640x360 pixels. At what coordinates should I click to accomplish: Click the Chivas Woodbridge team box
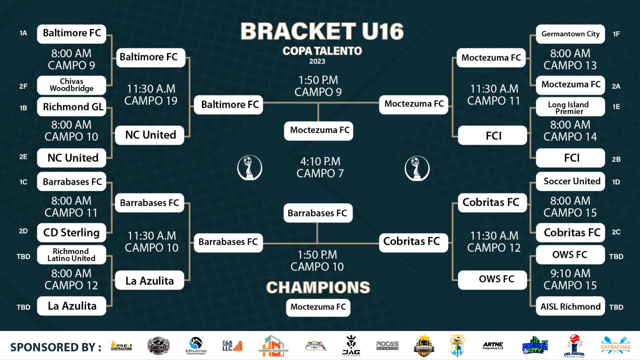pos(72,85)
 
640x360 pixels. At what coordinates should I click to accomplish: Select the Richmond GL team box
pos(72,107)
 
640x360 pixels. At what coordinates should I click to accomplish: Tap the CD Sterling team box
pos(72,232)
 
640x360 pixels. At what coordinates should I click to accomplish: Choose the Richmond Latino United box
pos(72,255)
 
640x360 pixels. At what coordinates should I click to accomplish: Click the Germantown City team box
pos(570,34)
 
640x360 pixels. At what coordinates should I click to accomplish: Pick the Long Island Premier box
pos(570,107)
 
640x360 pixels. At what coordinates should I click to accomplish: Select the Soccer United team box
pos(570,181)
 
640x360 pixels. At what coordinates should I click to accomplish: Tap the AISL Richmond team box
pos(570,307)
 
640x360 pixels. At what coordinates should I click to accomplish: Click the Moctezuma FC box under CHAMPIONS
pos(318,307)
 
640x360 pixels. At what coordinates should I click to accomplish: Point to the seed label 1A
pos(23,33)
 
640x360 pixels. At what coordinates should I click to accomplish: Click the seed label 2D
pos(23,231)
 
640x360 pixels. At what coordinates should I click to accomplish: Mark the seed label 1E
pos(616,107)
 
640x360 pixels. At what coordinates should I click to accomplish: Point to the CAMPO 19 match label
pos(151,101)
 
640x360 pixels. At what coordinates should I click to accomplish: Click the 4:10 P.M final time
pos(320,161)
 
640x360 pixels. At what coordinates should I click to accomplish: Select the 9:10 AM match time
pos(570,273)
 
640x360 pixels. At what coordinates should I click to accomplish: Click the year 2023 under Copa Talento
pos(317,61)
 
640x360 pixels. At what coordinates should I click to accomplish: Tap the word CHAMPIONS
pos(318,287)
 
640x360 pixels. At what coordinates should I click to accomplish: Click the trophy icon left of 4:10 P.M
pos(250,167)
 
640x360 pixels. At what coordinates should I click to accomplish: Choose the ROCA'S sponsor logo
pos(387,345)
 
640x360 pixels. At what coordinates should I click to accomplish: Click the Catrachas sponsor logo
pos(615,345)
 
